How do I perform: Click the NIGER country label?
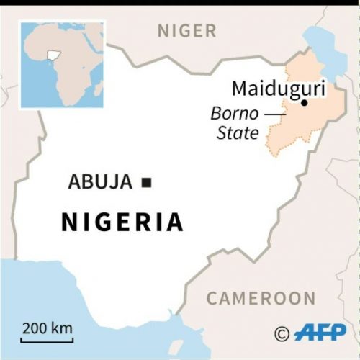point(186,30)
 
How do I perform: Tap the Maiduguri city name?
point(278,89)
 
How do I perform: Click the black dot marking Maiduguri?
point(304,103)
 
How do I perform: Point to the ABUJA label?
point(100,182)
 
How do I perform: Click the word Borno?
point(233,114)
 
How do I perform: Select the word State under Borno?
point(238,132)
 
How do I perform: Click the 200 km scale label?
point(47,329)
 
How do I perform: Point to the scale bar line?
point(47,341)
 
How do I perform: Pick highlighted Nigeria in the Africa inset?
point(51,55)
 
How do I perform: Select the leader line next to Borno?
point(274,114)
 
